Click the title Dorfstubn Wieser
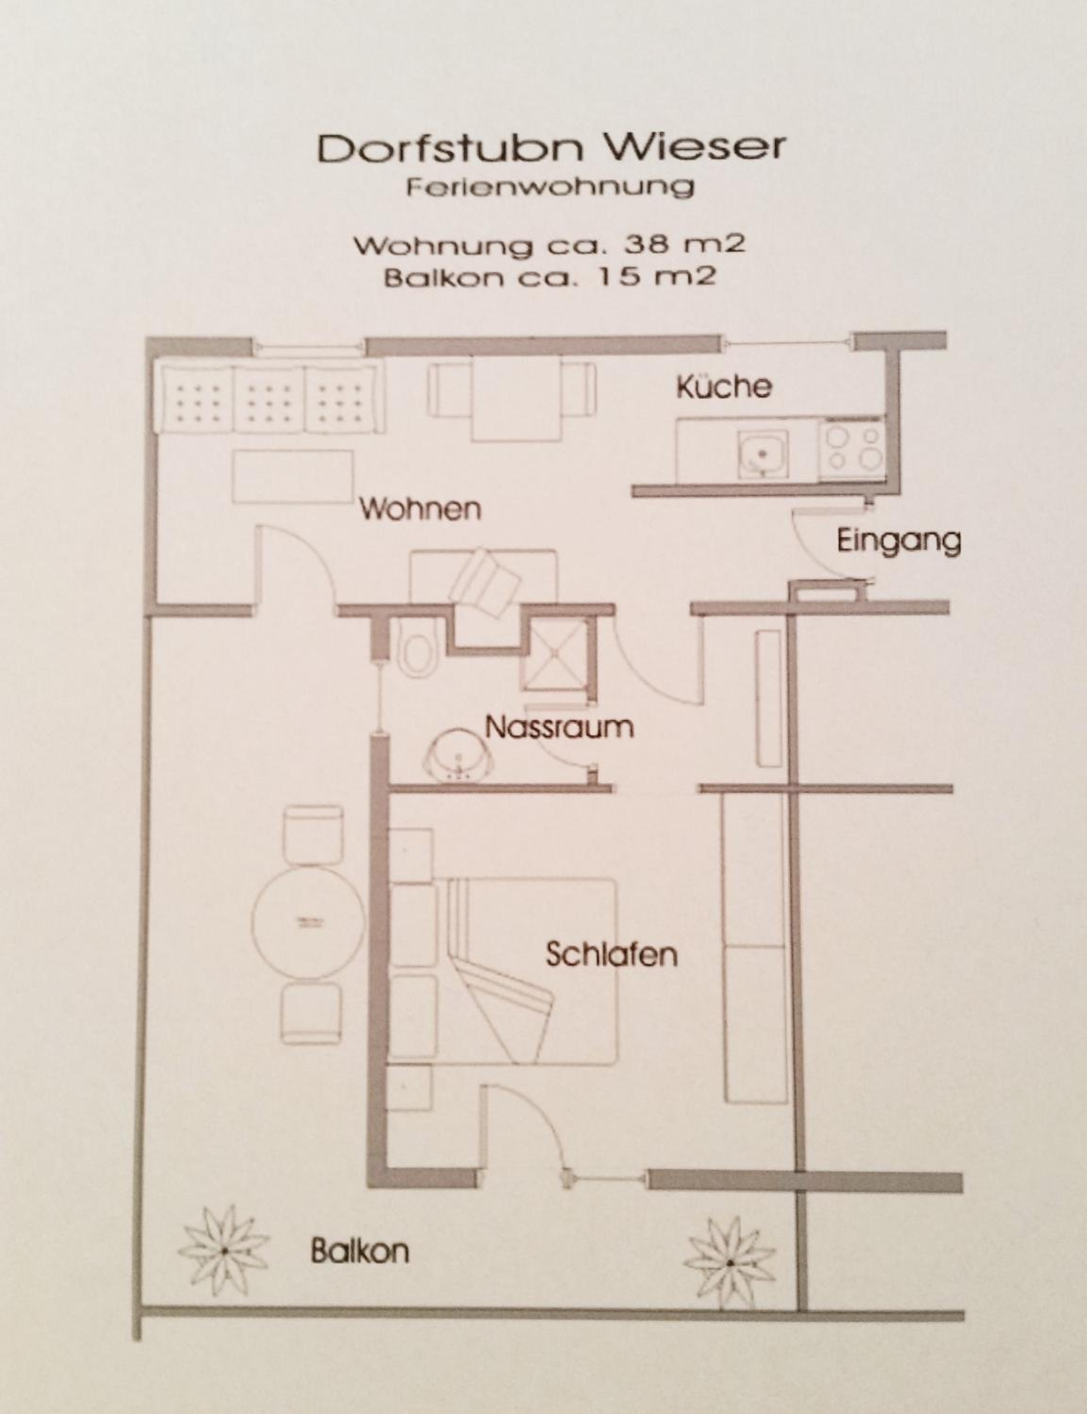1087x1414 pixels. (x=551, y=148)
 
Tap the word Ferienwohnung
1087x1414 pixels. (x=550, y=188)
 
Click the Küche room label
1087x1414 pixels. (x=724, y=387)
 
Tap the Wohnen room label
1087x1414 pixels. (x=420, y=509)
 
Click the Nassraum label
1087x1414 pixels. (x=559, y=728)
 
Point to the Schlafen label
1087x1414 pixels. (x=611, y=955)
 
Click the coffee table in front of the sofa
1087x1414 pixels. (x=293, y=477)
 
